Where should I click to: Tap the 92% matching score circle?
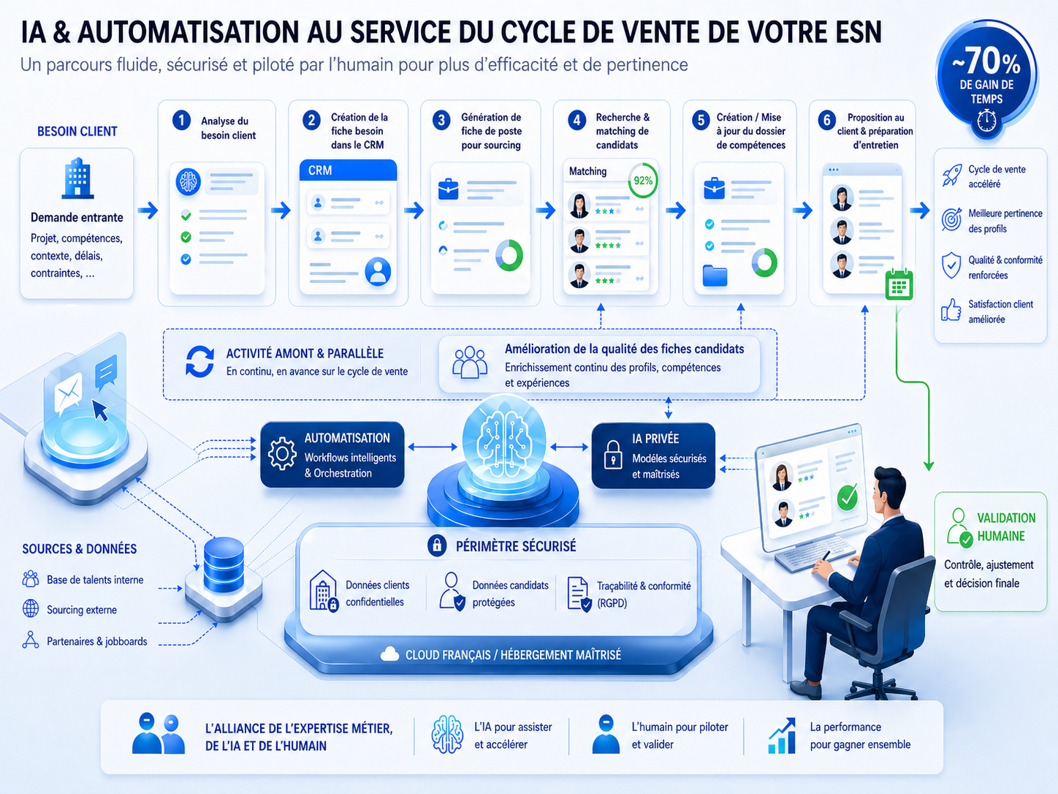click(x=642, y=181)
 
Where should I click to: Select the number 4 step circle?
click(x=576, y=120)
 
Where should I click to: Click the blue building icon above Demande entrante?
click(x=77, y=178)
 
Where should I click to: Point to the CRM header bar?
click(x=348, y=170)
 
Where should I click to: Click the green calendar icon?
click(x=899, y=284)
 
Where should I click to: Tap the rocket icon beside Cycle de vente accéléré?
click(x=952, y=175)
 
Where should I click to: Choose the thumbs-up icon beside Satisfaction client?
click(x=951, y=310)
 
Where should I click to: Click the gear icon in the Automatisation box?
click(x=282, y=453)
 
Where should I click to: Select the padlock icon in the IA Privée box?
click(x=612, y=454)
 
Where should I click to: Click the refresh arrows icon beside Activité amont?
click(x=199, y=361)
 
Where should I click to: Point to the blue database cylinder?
click(x=224, y=564)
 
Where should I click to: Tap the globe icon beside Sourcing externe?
click(x=31, y=608)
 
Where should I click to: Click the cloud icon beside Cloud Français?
click(x=389, y=654)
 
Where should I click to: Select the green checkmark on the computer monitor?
click(x=847, y=497)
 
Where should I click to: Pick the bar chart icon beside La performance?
click(x=782, y=736)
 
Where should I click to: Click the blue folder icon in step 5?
click(x=715, y=276)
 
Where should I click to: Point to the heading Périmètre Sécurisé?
click(x=516, y=546)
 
